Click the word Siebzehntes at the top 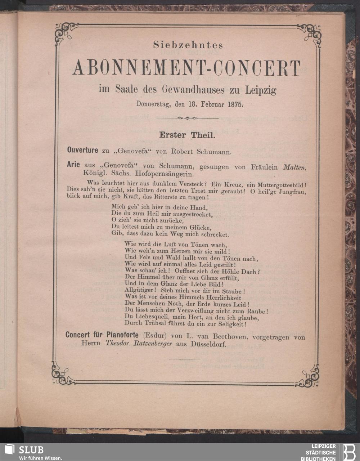[188, 45]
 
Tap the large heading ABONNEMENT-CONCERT [186, 68]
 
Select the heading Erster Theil [187, 136]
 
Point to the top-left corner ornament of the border [65, 32]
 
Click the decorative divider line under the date [187, 118]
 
